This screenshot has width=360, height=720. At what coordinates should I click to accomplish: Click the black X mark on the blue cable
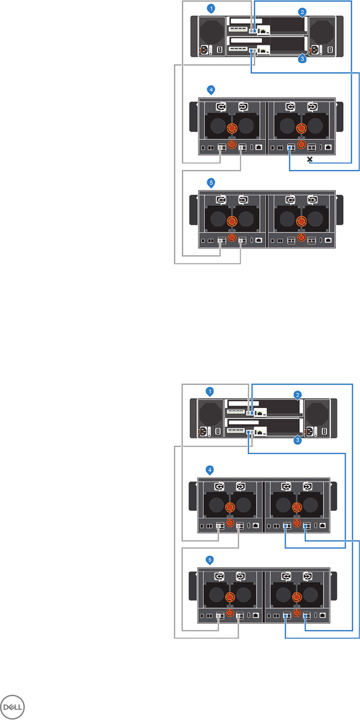309,160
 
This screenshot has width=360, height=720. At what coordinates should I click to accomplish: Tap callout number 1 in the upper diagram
210,8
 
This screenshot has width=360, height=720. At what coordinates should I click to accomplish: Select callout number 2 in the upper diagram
303,11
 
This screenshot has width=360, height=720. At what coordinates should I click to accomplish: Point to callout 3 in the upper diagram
303,59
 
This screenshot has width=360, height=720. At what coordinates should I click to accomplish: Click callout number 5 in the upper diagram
210,182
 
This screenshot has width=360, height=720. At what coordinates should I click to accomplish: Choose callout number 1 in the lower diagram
210,391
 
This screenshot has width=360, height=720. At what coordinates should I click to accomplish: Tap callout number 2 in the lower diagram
298,395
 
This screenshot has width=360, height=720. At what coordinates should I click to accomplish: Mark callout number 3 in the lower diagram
298,440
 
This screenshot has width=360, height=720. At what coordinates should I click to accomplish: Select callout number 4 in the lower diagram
210,470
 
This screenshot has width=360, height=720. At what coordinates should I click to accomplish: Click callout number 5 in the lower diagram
210,559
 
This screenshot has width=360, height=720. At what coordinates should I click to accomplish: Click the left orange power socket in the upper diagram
204,50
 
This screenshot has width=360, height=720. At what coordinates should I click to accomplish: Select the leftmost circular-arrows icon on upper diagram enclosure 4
221,107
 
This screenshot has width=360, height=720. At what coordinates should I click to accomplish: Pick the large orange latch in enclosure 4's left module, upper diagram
231,128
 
